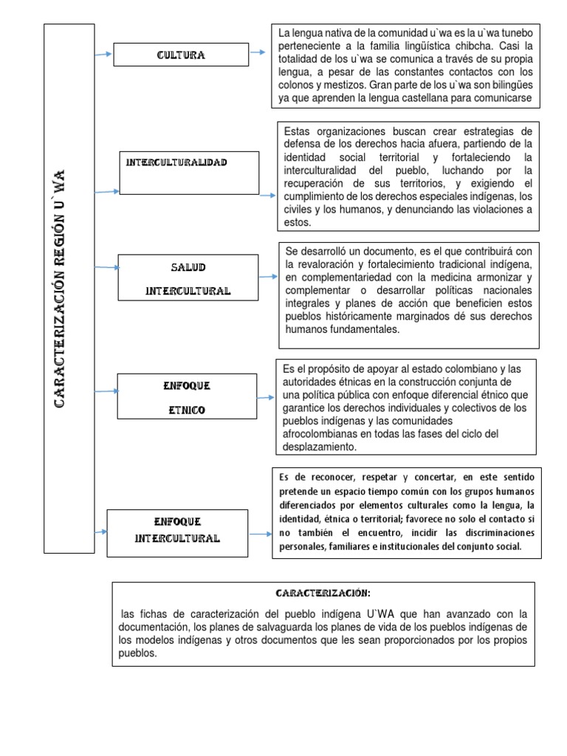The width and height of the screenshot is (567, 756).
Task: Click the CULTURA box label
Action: pos(180,55)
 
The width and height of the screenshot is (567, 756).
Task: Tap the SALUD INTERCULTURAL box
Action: pos(188,278)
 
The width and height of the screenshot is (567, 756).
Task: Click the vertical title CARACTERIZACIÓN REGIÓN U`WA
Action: pos(61,287)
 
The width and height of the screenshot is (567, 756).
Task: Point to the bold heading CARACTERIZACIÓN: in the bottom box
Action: pos(323,594)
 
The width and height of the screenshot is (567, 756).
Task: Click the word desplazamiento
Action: pos(320,447)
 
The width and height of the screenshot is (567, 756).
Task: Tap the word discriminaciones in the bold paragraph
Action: pos(481,533)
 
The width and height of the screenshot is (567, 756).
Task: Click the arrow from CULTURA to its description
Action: pos(258,52)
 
